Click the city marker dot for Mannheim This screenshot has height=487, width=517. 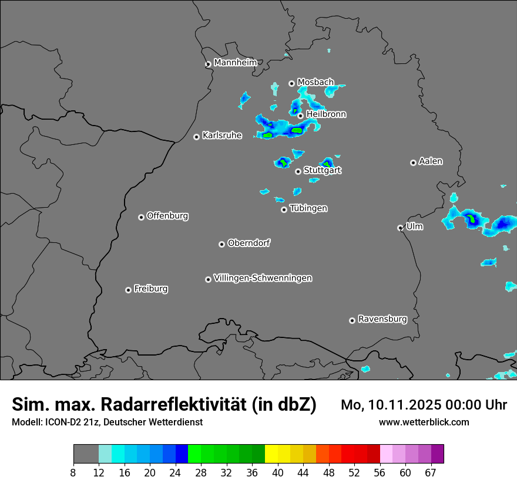coord(208,65)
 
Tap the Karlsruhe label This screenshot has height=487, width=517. coord(222,136)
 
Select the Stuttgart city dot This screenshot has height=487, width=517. coord(298,172)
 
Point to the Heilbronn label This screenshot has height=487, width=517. coord(326,114)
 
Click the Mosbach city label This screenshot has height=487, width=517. coord(315,82)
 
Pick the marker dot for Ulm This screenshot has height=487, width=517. coord(400,228)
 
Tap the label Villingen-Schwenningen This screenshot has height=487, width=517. coord(263,278)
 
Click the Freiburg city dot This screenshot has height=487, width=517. coord(128,290)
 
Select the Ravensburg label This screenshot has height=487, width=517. coord(382,319)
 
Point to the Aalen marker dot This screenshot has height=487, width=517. coord(413,163)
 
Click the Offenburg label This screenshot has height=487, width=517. coord(167,216)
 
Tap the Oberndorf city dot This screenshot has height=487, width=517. coord(221,244)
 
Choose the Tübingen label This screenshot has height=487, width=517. coord(308,208)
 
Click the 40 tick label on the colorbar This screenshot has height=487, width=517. coord(278,473)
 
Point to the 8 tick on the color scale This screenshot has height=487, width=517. coord(73,473)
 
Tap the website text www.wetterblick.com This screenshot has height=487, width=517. coord(424,422)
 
